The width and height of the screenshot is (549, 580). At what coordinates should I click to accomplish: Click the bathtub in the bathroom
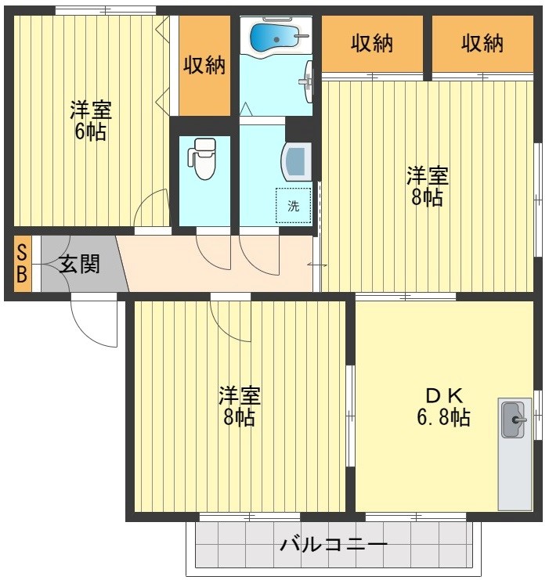(x=274, y=37)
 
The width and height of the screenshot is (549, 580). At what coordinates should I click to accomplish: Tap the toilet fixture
(x=204, y=159)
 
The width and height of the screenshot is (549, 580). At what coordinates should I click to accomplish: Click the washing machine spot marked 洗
(x=293, y=206)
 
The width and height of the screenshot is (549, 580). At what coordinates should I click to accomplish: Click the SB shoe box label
(x=22, y=263)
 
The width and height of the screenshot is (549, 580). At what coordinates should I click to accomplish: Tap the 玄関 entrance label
(x=80, y=264)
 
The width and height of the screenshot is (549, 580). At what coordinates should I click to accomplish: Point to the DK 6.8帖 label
(x=442, y=405)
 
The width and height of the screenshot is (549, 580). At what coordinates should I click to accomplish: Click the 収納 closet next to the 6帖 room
(x=204, y=66)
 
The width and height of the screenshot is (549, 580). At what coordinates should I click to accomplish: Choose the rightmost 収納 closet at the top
(x=482, y=44)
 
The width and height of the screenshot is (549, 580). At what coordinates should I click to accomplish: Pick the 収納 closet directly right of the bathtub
(x=371, y=44)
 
